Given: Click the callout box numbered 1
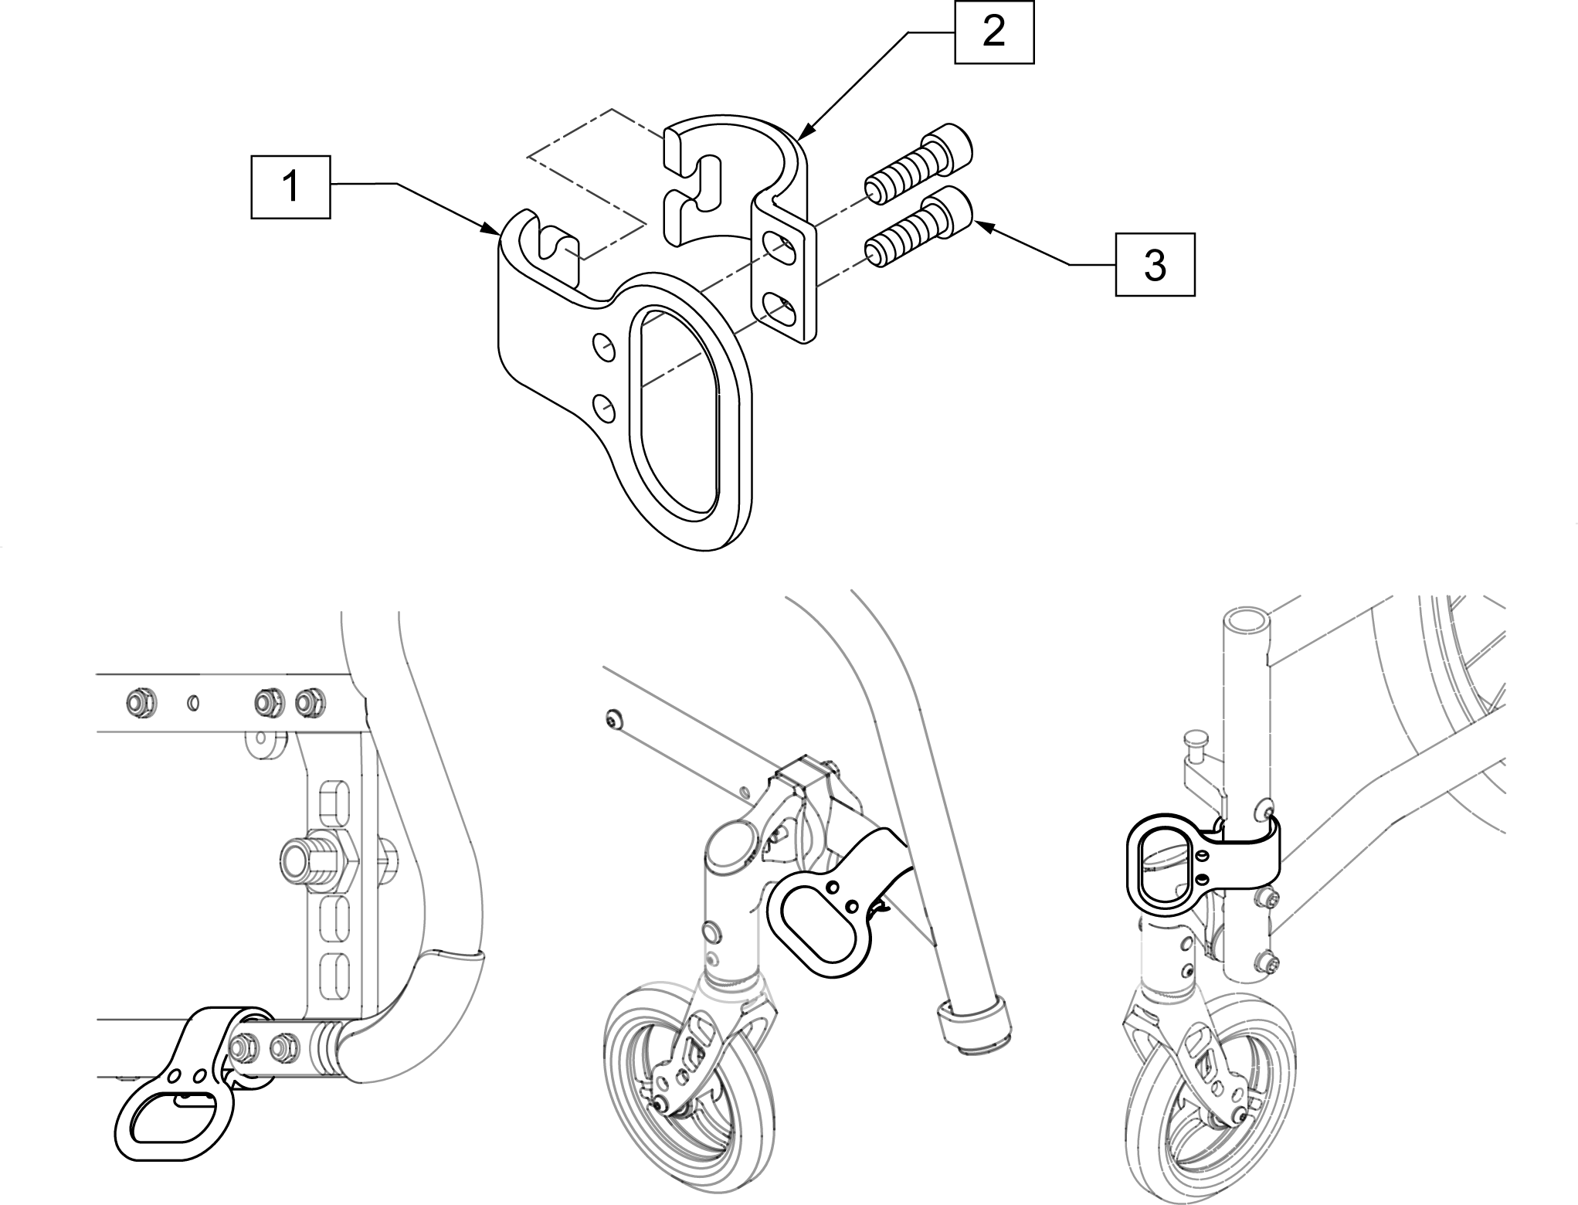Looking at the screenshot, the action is tap(290, 186).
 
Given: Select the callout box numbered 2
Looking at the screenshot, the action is tap(993, 32).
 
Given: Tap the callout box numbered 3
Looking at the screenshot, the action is tap(1155, 264).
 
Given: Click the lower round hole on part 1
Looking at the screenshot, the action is tap(602, 409).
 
